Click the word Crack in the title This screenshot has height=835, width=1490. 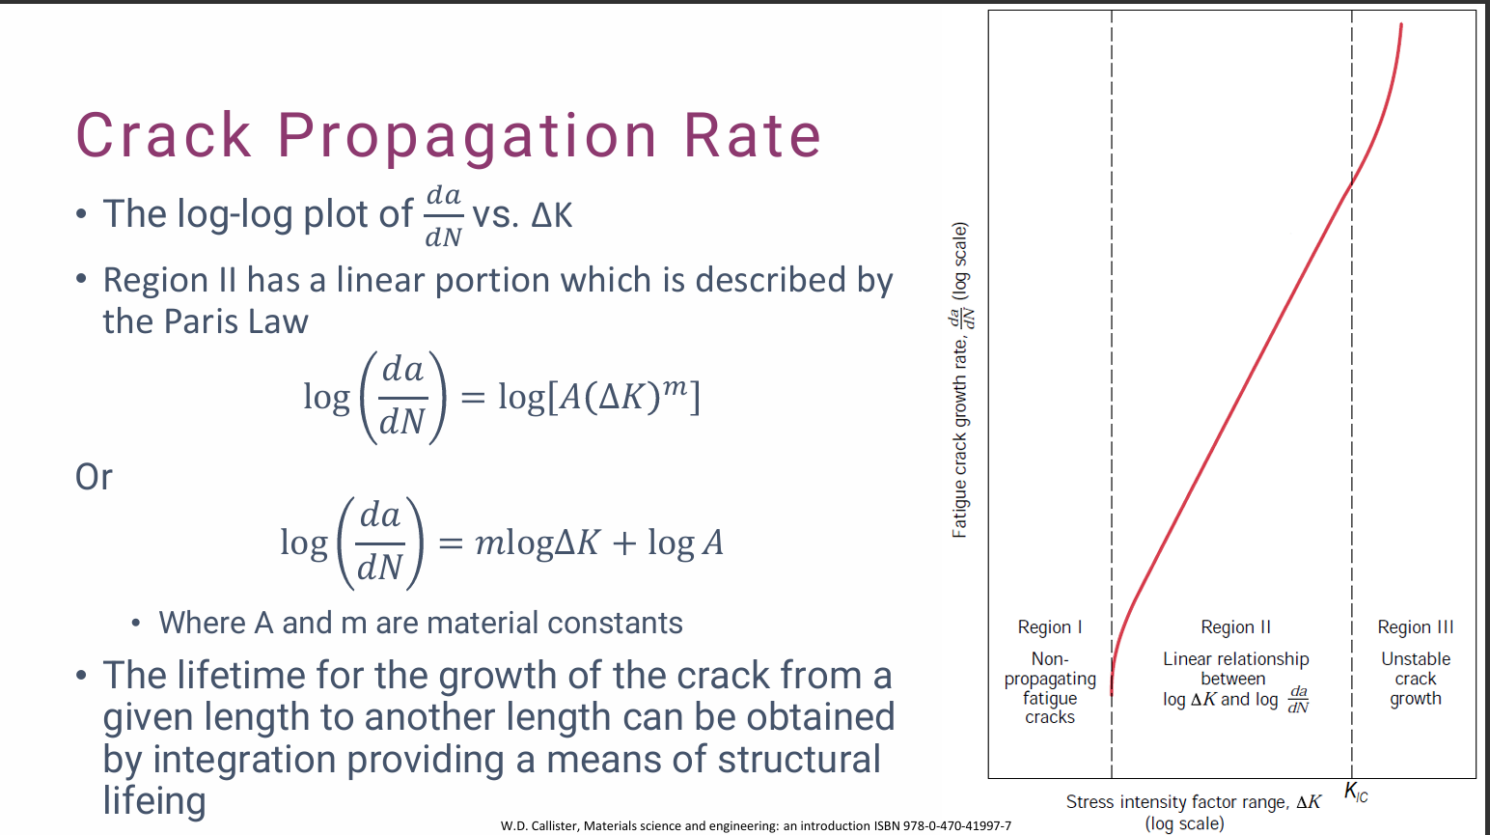pos(164,135)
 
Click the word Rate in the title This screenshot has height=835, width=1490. pos(753,135)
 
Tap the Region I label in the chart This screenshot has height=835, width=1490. pos(1050,627)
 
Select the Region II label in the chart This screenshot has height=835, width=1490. pos(1235,627)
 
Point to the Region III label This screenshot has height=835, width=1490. pos(1415,627)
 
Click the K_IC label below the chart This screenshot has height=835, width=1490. pos(1356,793)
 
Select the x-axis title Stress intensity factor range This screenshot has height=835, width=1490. pos(1193,802)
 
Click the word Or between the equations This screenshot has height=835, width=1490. pos(94,477)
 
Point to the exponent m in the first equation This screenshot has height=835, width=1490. pos(675,386)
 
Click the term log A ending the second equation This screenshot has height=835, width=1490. pos(685,543)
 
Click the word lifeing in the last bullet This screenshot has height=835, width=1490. pos(154,801)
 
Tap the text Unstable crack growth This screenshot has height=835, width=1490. pos(1415,679)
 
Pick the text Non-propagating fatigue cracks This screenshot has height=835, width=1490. pos(1050,687)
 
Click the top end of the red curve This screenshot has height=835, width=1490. pos(1401,25)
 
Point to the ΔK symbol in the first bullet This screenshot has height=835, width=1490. pos(552,214)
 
